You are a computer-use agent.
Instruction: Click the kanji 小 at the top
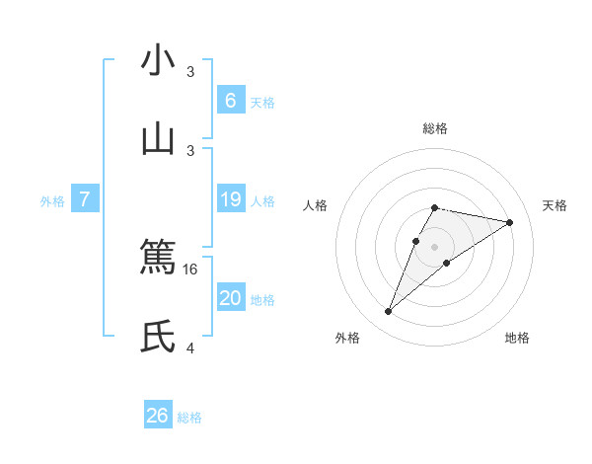[x=158, y=61]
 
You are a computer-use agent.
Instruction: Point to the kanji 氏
[x=158, y=337]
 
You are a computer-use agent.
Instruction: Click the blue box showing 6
[x=231, y=100]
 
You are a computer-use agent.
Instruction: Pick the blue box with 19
[x=231, y=199]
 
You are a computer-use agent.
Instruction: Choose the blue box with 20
[x=231, y=298]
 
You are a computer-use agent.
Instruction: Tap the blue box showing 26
[x=158, y=416]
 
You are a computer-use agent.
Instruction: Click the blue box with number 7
[x=85, y=199]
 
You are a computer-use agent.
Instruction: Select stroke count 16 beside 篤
[x=192, y=269]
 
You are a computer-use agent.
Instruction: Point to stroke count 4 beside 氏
[x=191, y=348]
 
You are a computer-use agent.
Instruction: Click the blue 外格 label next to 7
[x=52, y=200]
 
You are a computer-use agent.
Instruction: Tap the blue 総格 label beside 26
[x=189, y=418]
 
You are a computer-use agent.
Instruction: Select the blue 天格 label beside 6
[x=262, y=102]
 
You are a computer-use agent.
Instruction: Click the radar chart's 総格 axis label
[x=435, y=128]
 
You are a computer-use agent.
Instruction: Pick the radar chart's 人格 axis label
[x=316, y=205]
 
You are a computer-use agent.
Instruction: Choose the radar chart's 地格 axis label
[x=517, y=338]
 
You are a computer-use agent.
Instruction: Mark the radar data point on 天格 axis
[x=510, y=222]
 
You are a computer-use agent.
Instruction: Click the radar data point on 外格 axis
[x=388, y=312]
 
